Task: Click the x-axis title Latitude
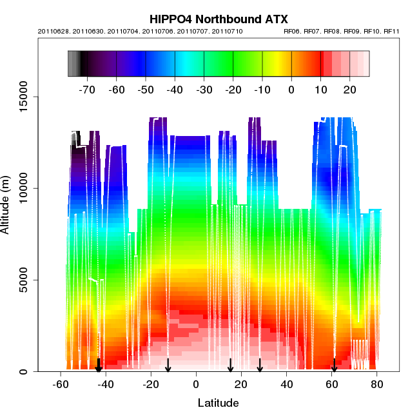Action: point(218,404)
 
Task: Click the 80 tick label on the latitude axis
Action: point(376,384)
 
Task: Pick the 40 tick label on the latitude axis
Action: point(286,384)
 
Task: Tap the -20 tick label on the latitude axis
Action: point(150,384)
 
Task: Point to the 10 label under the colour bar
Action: point(321,89)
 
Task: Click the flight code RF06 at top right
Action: point(293,31)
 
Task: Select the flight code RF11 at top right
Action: point(391,31)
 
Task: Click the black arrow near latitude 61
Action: point(334,365)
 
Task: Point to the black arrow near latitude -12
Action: point(168,365)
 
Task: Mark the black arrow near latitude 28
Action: point(260,365)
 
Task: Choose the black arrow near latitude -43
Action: point(99,365)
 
